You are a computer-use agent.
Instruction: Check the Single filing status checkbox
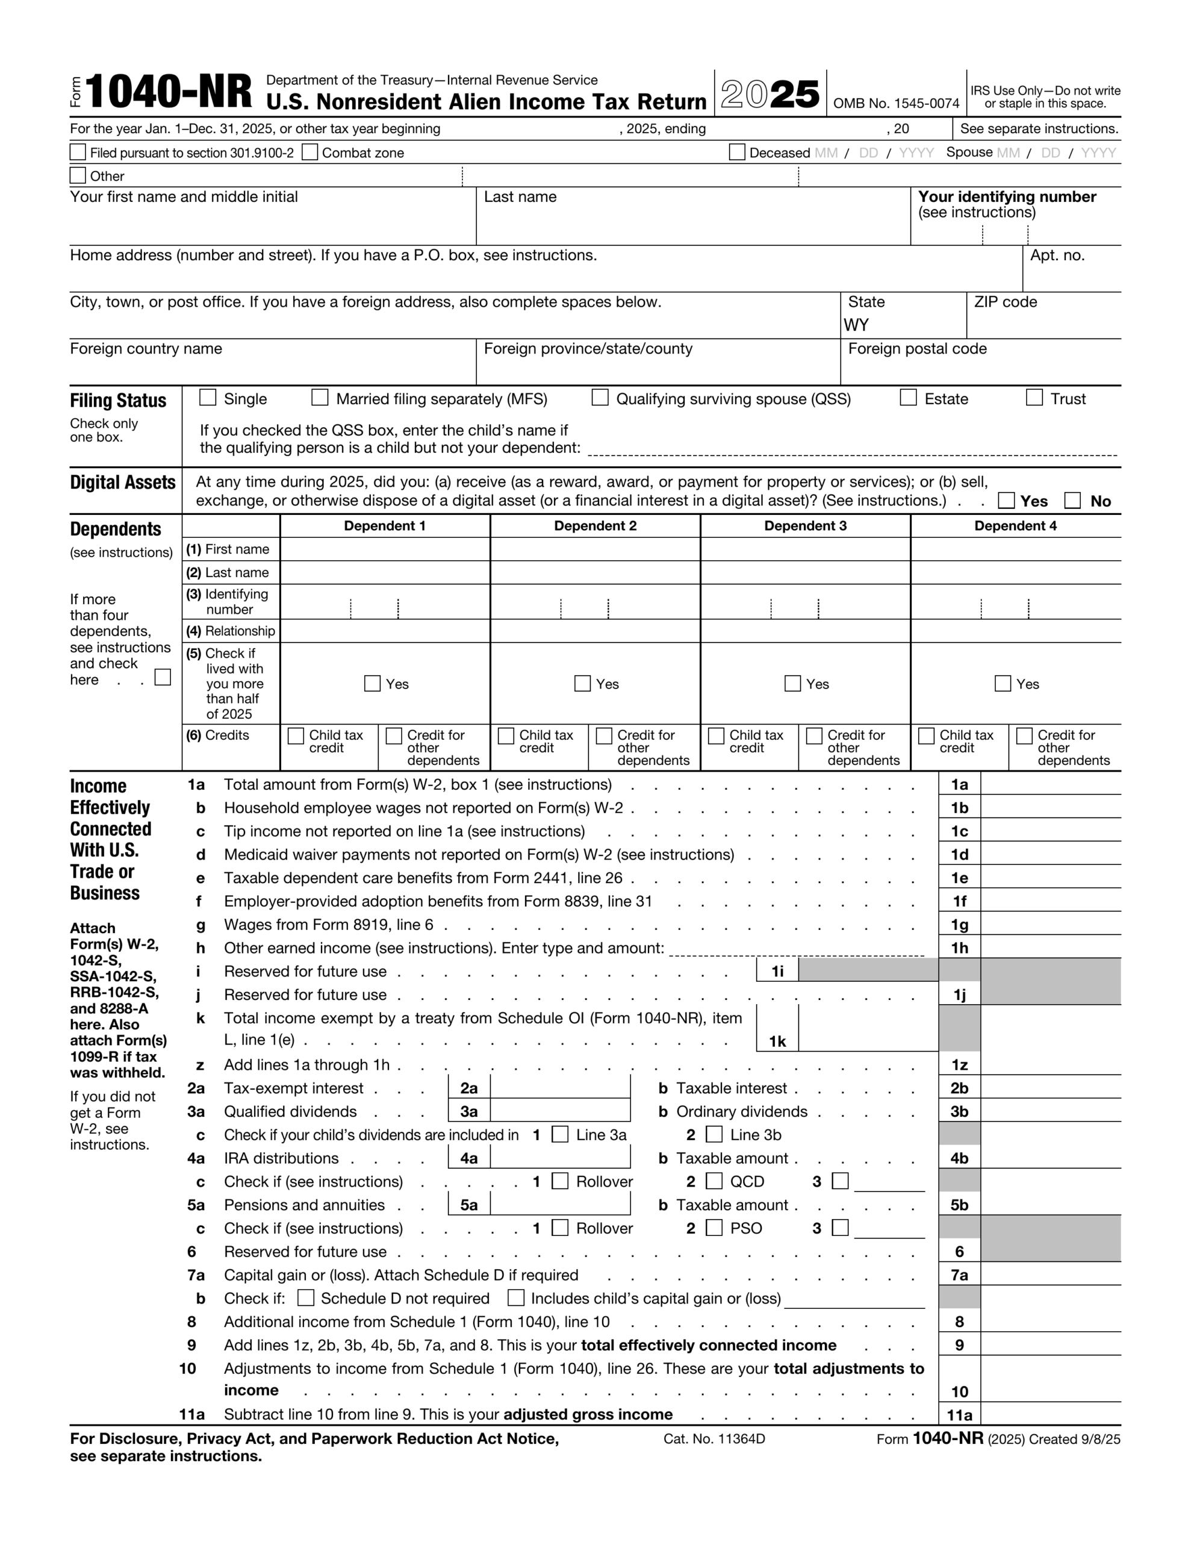[x=208, y=398]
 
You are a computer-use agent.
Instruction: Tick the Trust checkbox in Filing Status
[x=1034, y=398]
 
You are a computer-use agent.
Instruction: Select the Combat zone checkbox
[x=310, y=152]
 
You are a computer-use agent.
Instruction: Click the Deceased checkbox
[x=737, y=152]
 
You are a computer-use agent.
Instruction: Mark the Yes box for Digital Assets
[x=1006, y=501]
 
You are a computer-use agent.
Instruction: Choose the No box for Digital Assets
[x=1072, y=501]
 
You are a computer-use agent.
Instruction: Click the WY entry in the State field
[x=856, y=325]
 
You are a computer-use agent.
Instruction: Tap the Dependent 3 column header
[x=805, y=526]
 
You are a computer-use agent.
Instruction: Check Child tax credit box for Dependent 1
[x=296, y=735]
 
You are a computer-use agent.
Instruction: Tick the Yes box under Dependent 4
[x=1003, y=684]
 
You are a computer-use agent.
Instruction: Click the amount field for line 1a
[x=1050, y=784]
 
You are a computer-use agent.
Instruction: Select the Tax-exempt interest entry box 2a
[x=559, y=1088]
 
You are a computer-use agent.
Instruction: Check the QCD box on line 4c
[x=715, y=1181]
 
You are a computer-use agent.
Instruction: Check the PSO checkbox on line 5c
[x=715, y=1228]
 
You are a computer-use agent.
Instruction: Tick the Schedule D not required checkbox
[x=306, y=1297]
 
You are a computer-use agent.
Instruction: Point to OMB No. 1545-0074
[x=896, y=104]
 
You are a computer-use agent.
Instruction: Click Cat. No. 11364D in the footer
[x=714, y=1439]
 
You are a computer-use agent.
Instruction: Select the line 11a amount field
[x=1050, y=1414]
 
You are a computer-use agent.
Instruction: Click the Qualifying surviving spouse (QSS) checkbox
[x=600, y=398]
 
